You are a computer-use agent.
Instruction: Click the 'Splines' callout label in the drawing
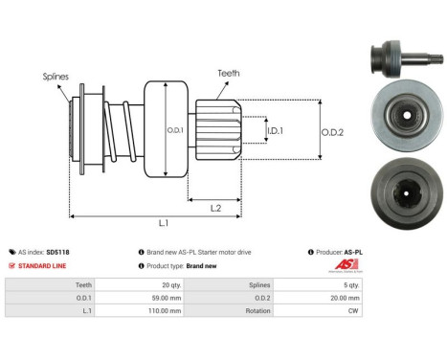tap(56, 75)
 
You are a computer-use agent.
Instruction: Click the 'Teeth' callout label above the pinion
tap(229, 71)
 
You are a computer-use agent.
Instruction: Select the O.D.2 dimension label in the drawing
tap(332, 132)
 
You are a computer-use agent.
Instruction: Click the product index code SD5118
tap(56, 252)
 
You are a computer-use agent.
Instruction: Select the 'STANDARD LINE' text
tap(43, 265)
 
